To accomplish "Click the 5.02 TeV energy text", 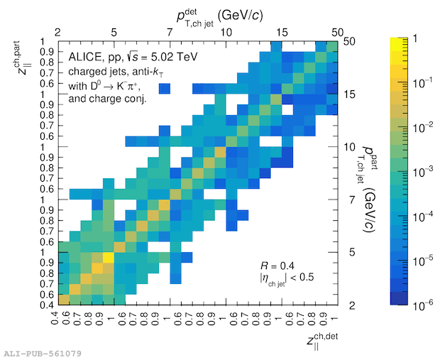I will pyautogui.click(x=175, y=56).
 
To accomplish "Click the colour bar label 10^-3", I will pyautogui.click(x=418, y=171).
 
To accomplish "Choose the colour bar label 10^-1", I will pyautogui.click(x=418, y=82).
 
